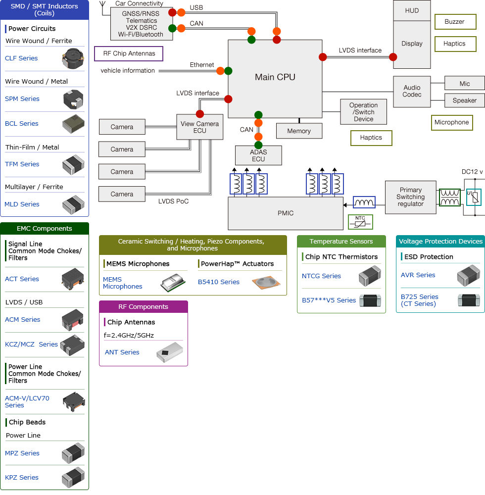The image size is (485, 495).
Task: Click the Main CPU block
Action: click(x=275, y=77)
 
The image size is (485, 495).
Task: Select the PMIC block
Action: click(x=285, y=213)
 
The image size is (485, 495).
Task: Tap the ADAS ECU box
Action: click(x=258, y=155)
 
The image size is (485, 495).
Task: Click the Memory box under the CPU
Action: click(x=299, y=131)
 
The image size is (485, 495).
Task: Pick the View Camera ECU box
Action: click(x=200, y=127)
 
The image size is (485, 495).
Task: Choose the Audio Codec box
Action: click(x=412, y=92)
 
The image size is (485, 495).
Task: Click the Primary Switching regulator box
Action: click(x=410, y=197)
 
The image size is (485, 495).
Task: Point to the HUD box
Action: click(x=412, y=11)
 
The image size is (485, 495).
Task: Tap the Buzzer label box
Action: click(x=455, y=22)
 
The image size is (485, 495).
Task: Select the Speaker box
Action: click(x=464, y=100)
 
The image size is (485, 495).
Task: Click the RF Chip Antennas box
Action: click(x=129, y=53)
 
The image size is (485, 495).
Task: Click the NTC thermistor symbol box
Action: click(x=360, y=222)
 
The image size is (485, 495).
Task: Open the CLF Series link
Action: click(x=21, y=58)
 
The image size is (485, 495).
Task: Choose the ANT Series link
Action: click(x=122, y=352)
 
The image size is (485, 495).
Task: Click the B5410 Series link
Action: click(x=219, y=282)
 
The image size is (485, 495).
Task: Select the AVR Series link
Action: click(x=418, y=275)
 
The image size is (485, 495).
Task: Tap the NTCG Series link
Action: click(x=321, y=276)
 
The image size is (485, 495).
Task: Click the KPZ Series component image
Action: click(x=73, y=477)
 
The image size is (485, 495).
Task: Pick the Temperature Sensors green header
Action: click(x=341, y=242)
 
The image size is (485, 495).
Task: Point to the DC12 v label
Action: click(x=472, y=172)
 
